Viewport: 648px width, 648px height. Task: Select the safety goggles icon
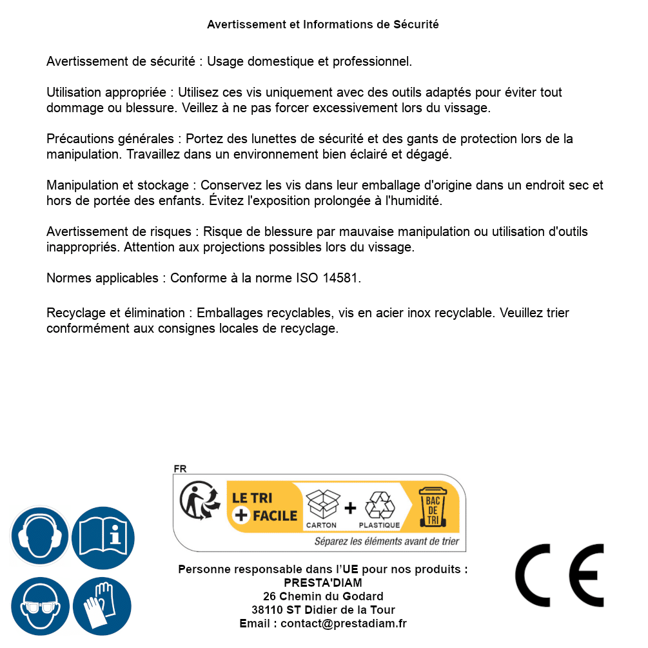point(40,607)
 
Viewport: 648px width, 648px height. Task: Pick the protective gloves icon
point(103,607)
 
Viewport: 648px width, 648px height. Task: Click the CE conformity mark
point(560,576)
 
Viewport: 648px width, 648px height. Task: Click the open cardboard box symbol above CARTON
point(322,504)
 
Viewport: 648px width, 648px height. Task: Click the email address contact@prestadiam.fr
point(344,623)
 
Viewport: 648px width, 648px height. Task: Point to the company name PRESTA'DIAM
point(323,583)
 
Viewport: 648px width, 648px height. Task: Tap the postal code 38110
point(267,610)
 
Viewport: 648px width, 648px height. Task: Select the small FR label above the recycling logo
point(180,469)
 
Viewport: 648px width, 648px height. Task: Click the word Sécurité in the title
point(416,25)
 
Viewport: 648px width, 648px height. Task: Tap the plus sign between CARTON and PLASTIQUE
point(350,508)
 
